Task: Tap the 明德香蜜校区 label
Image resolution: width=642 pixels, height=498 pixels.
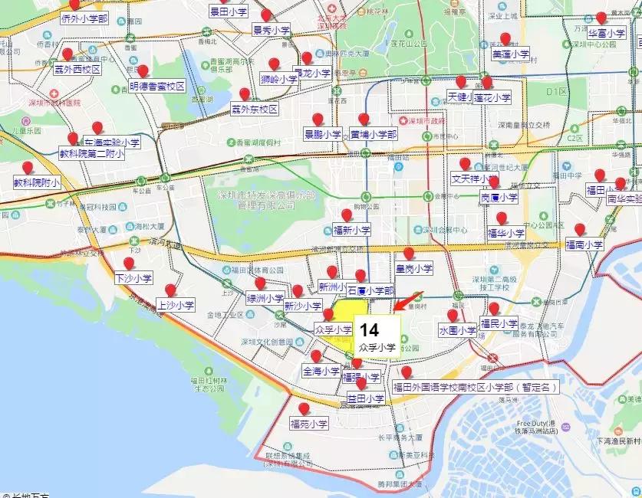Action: coord(158,87)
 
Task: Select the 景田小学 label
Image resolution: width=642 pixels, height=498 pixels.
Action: coord(229,13)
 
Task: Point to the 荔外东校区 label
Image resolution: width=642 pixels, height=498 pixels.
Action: coord(254,110)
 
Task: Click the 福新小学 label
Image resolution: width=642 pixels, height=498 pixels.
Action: coord(352,229)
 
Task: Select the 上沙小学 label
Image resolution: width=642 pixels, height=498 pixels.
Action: coord(176,305)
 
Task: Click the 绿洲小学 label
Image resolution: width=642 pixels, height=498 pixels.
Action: coord(265,299)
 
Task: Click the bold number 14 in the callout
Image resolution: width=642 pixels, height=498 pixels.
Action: coord(369,330)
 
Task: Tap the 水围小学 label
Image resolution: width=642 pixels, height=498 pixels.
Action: coord(458,331)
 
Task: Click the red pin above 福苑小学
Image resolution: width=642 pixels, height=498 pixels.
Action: coord(305,409)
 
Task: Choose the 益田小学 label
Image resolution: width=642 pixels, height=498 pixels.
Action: coord(365,398)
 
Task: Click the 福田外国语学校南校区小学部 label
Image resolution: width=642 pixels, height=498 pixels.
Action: coord(476,388)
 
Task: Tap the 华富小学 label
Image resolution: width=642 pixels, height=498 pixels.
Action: coord(607,33)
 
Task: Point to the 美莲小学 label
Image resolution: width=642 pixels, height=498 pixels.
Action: coord(511,54)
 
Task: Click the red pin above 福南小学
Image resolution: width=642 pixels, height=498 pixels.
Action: coord(580,229)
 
